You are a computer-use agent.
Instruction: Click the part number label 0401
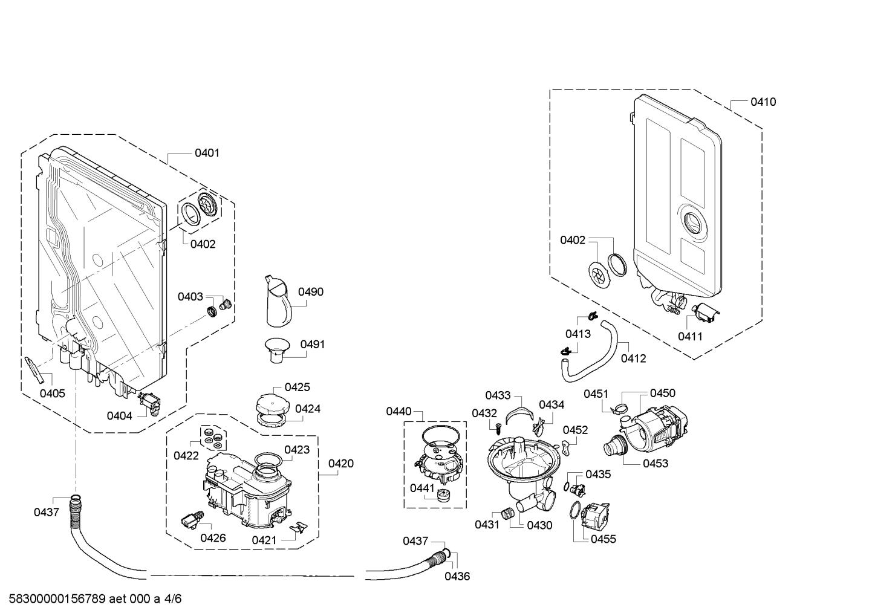[x=207, y=153]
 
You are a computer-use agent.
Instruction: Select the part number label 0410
[x=763, y=102]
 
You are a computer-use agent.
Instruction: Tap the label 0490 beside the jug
[x=311, y=292]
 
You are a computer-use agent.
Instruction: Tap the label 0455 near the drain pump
[x=604, y=539]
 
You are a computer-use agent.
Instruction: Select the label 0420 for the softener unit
[x=341, y=464]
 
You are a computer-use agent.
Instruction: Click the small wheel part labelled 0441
[x=444, y=496]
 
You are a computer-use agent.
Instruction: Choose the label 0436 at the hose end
[x=457, y=576]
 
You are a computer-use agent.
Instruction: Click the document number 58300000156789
[x=57, y=598]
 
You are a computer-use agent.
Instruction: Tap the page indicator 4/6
[x=173, y=598]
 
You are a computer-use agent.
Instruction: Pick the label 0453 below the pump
[x=656, y=464]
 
